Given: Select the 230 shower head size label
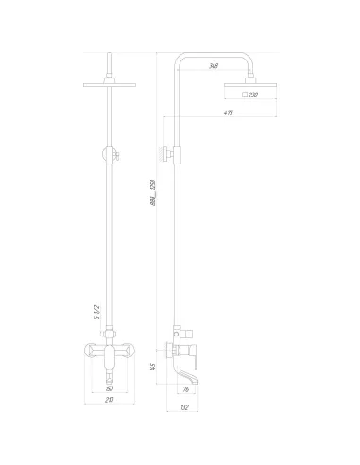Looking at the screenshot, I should (254, 96).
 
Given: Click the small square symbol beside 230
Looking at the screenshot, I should (245, 96).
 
